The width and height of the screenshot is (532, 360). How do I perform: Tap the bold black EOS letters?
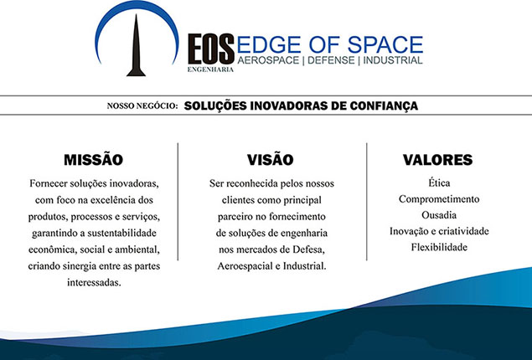point(211,49)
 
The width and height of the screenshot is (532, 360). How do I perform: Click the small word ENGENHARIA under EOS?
point(210,69)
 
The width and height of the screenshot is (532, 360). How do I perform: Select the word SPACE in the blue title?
point(385,44)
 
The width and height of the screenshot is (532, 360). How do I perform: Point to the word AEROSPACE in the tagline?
point(268,60)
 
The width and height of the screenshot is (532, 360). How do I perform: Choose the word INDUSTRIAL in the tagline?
point(393,60)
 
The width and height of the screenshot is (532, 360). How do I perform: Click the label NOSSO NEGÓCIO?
point(142,106)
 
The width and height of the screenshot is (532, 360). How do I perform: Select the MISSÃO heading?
point(93,160)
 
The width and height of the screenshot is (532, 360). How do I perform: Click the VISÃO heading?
point(271,160)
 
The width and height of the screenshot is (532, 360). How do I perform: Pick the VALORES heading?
point(437,160)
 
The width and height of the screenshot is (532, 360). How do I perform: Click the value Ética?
point(439,183)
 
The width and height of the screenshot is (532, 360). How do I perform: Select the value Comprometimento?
point(439,199)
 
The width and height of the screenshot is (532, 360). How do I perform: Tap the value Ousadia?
point(439,215)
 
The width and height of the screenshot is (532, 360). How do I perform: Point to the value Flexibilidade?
point(439,247)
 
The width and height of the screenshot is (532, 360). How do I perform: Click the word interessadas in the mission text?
point(94,283)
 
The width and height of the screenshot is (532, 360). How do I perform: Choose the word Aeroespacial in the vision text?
point(245,266)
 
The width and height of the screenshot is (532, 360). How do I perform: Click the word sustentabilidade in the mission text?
point(121,234)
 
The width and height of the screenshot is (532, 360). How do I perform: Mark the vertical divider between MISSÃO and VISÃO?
point(178,202)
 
